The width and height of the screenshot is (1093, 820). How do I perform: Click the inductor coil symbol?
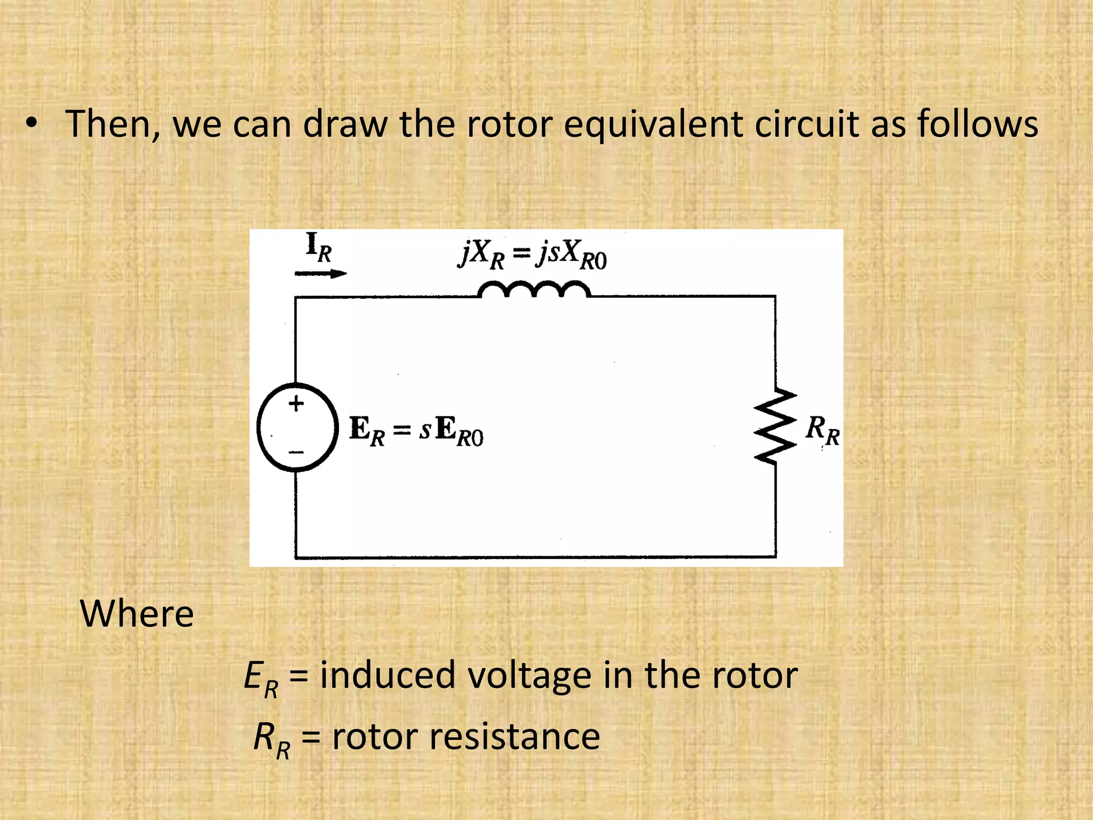pos(534,290)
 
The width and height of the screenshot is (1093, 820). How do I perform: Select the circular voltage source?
pos(297,427)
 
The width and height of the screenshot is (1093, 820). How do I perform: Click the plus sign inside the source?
pos(296,404)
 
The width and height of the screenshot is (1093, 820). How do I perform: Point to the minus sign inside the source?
pos(296,452)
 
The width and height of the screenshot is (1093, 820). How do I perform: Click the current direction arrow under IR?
pos(320,274)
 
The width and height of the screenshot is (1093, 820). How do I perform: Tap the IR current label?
pos(319,247)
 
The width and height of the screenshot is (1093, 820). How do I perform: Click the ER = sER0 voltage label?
pos(416,431)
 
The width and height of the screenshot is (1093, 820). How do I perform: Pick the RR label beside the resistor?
pos(822,430)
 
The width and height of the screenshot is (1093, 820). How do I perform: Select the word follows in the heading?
pos(977,124)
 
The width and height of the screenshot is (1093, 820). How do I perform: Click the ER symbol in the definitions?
pos(260,679)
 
